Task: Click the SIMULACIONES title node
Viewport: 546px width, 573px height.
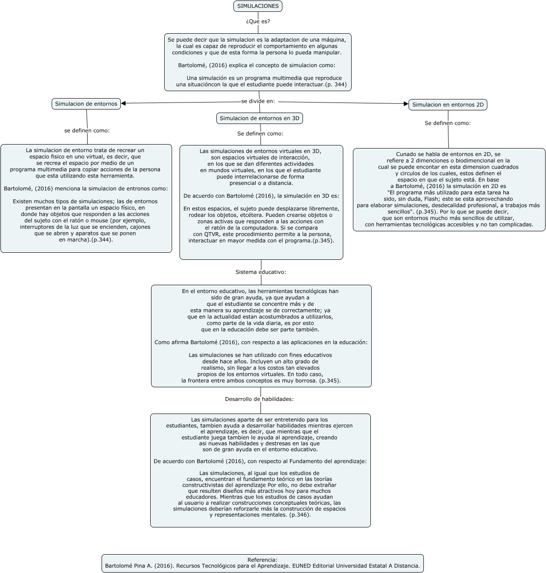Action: pos(257,6)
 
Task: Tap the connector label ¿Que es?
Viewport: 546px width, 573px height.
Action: pos(258,21)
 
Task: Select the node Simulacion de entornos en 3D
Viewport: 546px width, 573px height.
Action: pos(259,118)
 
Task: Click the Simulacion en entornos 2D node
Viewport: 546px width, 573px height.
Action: pos(447,105)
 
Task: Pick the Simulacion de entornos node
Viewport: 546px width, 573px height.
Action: pos(86,104)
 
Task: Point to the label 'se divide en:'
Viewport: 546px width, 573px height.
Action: pos(258,101)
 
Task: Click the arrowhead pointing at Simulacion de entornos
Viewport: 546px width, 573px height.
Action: pos(123,103)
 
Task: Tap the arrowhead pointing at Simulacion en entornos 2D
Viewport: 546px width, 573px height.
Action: pos(406,104)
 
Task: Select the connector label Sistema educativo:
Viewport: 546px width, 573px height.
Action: pos(261,272)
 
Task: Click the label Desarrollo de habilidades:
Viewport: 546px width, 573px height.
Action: pos(259,399)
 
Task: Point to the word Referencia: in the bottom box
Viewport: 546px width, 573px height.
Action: pos(262,559)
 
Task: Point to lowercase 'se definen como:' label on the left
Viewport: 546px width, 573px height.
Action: pos(87,131)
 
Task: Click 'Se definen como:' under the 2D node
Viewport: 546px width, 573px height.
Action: pos(447,123)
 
